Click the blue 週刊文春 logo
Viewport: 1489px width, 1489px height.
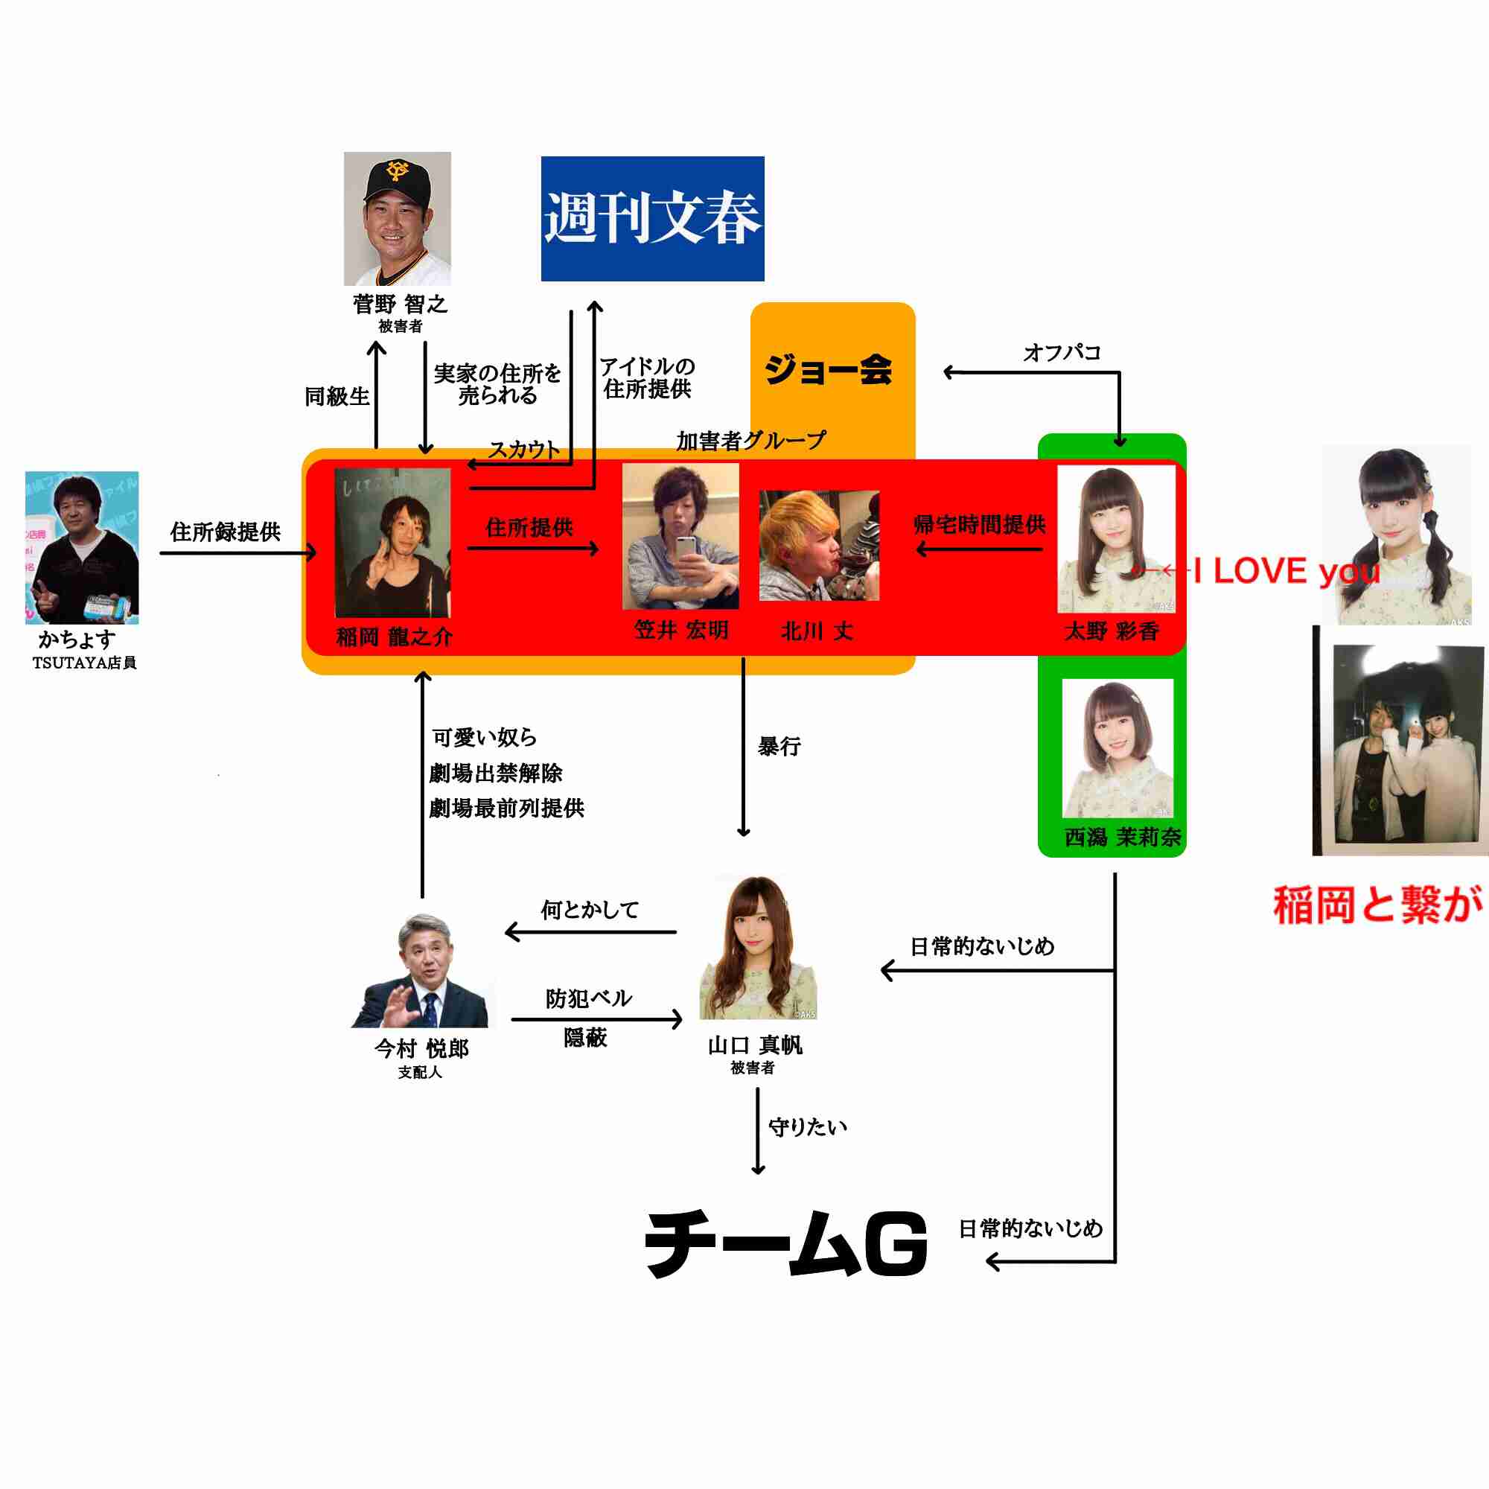tap(652, 219)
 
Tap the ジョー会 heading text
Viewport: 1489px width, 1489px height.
tap(828, 370)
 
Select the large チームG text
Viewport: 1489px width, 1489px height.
tap(786, 1243)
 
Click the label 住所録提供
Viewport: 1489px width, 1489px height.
tap(225, 532)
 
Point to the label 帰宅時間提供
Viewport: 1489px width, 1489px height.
tap(979, 525)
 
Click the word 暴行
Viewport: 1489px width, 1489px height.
tap(779, 746)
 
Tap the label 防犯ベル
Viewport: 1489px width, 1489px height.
tap(589, 999)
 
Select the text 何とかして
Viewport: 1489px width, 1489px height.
tap(590, 911)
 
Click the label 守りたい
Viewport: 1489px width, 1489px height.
tap(808, 1127)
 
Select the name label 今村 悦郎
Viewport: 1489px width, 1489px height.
tap(421, 1048)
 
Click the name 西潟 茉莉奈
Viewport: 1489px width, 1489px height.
tap(1122, 837)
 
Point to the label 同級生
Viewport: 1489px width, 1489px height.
tap(337, 397)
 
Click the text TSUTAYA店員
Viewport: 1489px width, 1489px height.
tap(85, 663)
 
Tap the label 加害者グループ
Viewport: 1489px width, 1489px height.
tap(750, 441)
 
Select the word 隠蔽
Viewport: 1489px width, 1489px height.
tap(586, 1038)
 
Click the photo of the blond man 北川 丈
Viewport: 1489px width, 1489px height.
tap(818, 546)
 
